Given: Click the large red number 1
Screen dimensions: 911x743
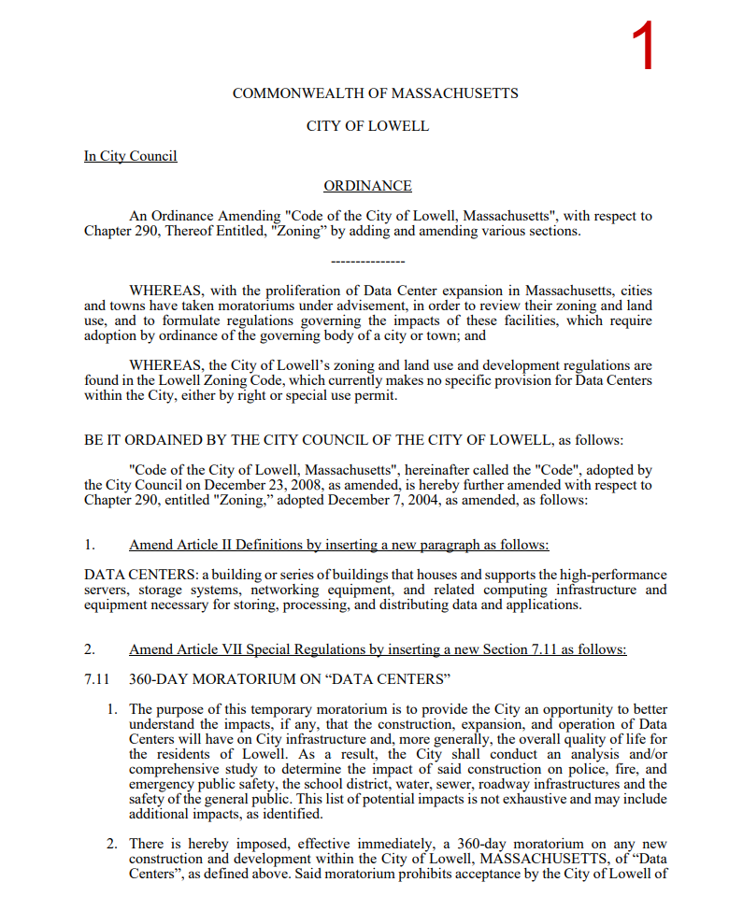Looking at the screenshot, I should point(643,48).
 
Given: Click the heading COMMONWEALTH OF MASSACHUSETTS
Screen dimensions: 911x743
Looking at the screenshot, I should point(375,93).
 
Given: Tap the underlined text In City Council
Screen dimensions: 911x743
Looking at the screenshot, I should point(130,156).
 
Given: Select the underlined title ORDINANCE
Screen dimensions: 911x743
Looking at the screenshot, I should point(367,187).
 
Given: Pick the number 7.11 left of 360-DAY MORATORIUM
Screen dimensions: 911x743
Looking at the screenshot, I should point(96,677).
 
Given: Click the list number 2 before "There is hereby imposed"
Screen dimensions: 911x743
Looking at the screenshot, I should point(111,844).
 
